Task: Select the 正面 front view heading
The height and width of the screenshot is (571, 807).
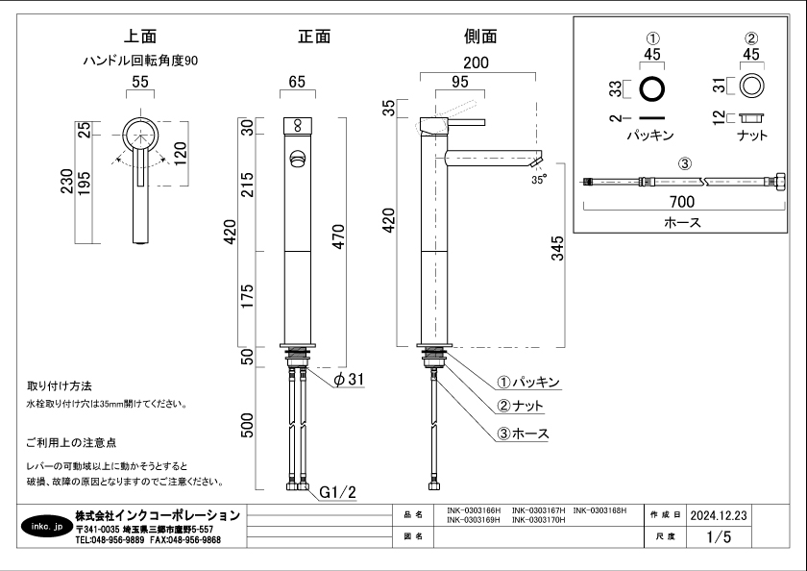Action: [314, 37]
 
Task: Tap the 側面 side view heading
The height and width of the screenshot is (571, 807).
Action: [480, 37]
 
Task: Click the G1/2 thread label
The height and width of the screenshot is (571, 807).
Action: [337, 492]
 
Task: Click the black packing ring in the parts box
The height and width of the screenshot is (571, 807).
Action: [652, 88]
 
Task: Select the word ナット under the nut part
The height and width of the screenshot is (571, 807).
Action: [752, 136]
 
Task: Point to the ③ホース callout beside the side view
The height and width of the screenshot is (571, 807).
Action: [523, 434]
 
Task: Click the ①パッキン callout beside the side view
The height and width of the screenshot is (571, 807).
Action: [528, 382]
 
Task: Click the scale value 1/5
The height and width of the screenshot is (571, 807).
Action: [718, 537]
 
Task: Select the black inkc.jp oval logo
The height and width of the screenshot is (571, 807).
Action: [44, 527]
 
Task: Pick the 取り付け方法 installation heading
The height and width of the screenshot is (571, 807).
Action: [59, 385]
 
